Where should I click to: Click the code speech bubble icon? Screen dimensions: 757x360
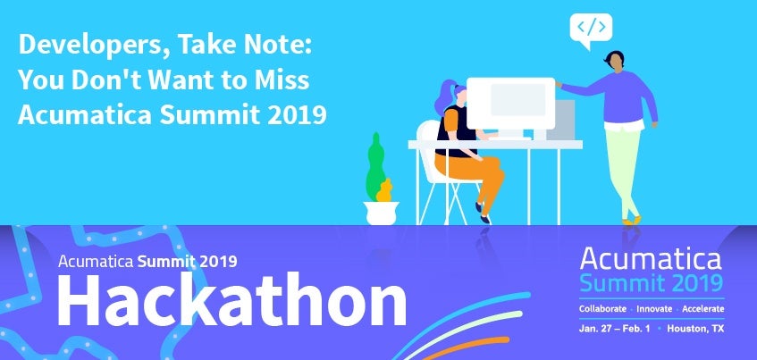(x=591, y=29)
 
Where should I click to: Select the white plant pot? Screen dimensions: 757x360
(x=381, y=213)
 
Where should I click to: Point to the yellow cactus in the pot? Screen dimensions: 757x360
(x=384, y=190)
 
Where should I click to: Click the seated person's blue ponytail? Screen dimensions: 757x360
(x=444, y=96)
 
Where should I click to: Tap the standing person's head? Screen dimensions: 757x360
(x=615, y=62)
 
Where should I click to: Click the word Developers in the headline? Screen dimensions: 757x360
(x=93, y=46)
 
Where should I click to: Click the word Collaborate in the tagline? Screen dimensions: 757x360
(x=602, y=309)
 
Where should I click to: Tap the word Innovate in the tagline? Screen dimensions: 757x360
(x=654, y=309)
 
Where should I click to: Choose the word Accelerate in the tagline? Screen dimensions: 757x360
(x=703, y=309)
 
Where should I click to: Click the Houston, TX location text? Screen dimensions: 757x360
(x=695, y=329)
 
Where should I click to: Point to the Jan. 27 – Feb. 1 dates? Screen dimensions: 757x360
(x=614, y=329)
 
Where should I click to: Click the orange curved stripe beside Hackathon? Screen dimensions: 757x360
(x=465, y=347)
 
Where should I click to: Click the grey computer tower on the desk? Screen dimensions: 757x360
(x=563, y=120)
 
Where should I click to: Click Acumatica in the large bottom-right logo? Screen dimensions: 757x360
(x=651, y=258)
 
